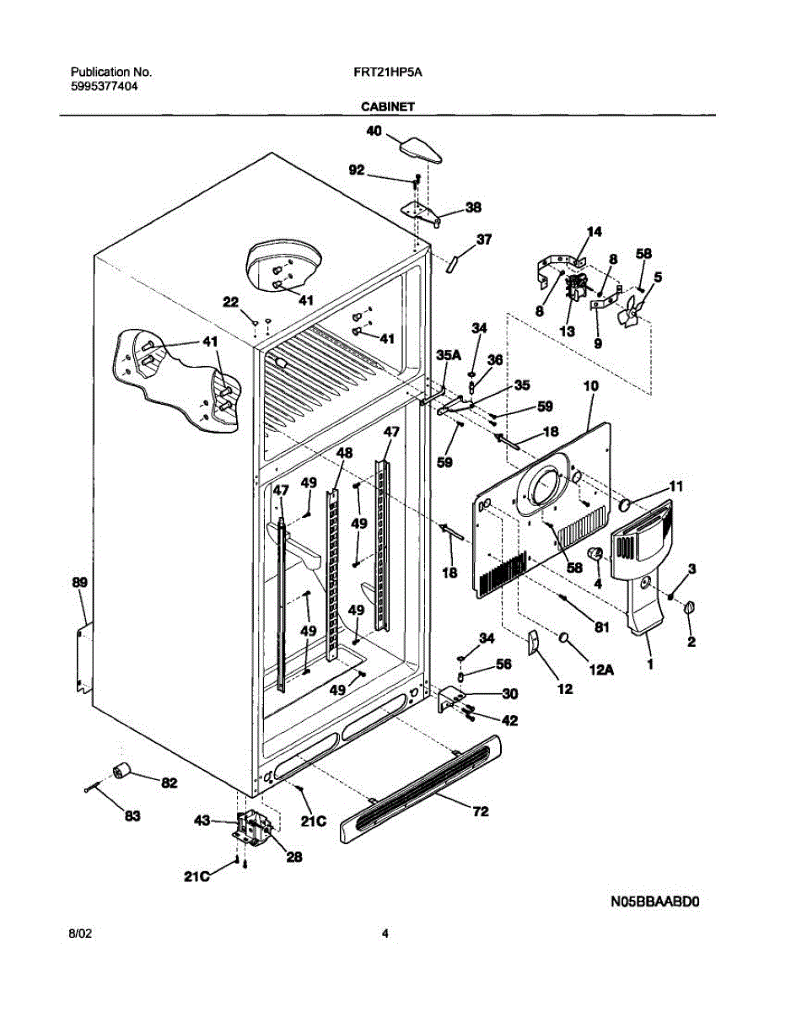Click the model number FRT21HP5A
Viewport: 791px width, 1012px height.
[x=388, y=73]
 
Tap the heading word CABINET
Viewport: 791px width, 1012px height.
[x=387, y=107]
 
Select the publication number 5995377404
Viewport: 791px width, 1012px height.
[x=105, y=86]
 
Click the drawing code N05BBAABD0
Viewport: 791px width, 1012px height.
[x=655, y=902]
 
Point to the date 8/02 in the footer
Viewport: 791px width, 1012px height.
[x=79, y=934]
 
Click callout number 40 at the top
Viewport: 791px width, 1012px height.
[x=374, y=131]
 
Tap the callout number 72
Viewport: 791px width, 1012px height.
[x=481, y=812]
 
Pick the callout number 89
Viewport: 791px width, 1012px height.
[x=79, y=582]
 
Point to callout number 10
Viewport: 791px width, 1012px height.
[x=590, y=385]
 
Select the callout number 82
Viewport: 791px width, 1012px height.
[x=169, y=783]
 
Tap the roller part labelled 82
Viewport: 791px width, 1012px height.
[x=124, y=769]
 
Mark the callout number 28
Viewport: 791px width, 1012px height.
[x=293, y=856]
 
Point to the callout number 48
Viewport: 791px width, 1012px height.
[x=344, y=453]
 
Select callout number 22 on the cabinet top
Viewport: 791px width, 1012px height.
[x=230, y=302]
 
